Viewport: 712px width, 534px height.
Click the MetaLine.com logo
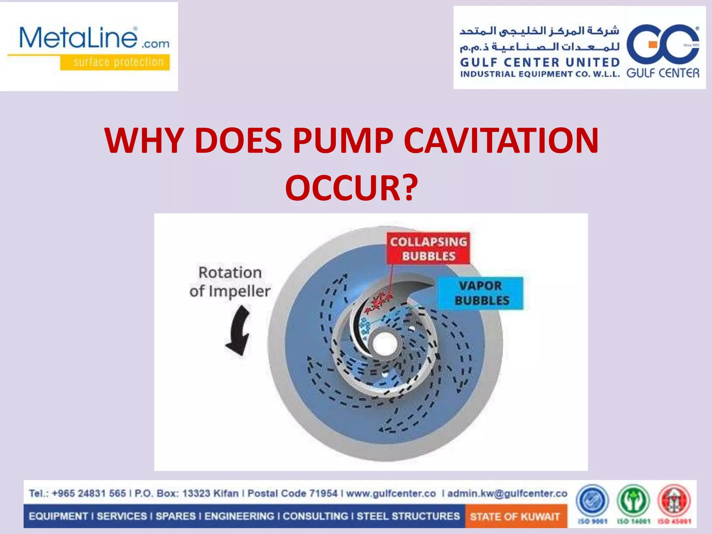point(89,38)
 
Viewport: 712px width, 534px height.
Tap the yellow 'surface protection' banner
point(115,63)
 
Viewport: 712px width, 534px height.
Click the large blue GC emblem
point(663,44)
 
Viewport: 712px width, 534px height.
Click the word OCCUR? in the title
point(351,188)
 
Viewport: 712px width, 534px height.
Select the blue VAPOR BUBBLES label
point(481,293)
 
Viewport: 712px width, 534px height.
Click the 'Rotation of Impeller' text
point(230,282)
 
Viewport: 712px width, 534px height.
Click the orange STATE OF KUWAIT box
point(516,517)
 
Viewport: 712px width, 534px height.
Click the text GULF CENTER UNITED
point(540,63)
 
